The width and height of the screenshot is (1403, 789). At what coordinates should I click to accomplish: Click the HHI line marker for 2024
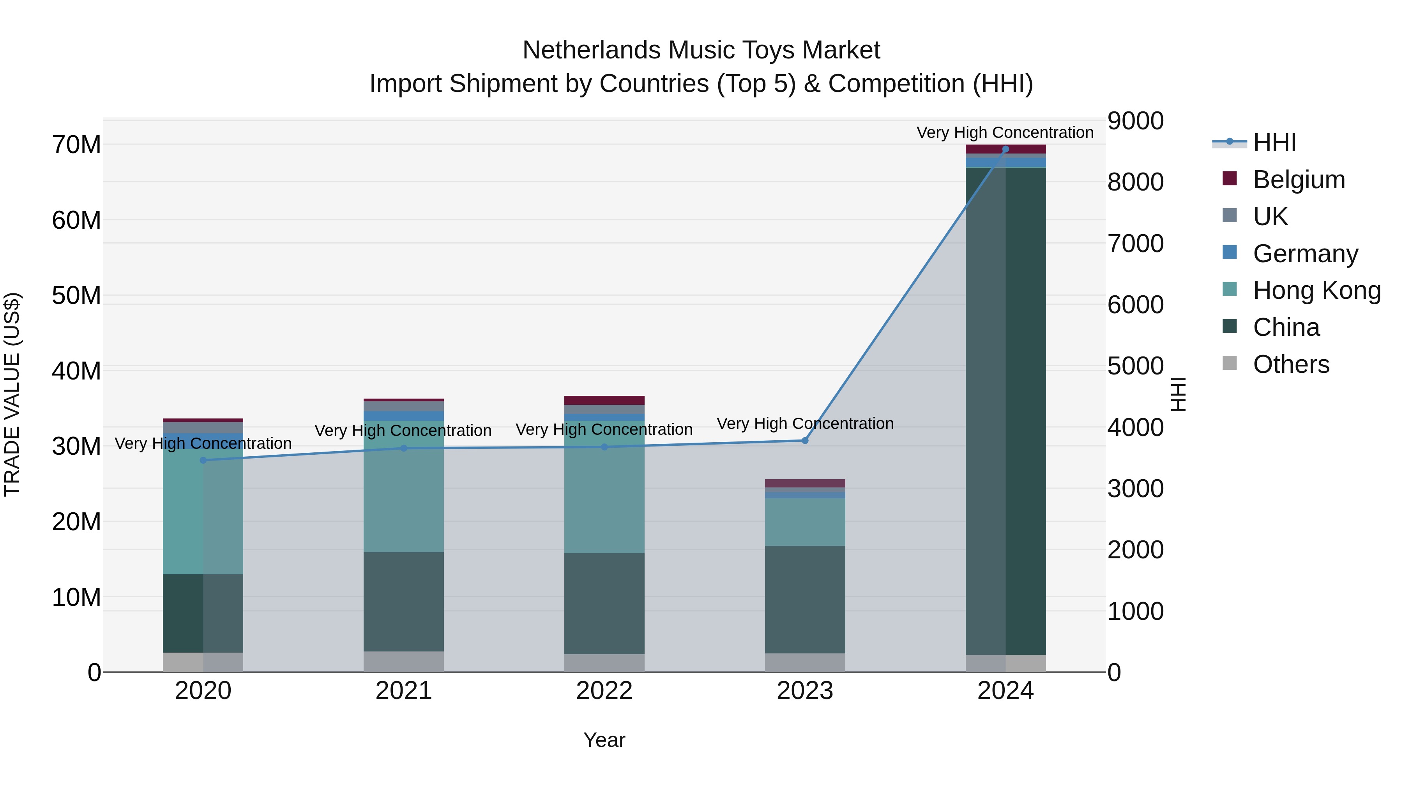tap(1005, 149)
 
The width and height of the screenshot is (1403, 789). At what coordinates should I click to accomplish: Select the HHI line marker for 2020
tap(203, 460)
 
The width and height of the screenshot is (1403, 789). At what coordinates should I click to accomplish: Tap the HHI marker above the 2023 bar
tap(805, 441)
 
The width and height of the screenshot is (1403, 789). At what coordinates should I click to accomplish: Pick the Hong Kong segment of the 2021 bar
tap(404, 486)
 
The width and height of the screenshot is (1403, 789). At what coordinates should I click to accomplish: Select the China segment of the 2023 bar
tap(805, 599)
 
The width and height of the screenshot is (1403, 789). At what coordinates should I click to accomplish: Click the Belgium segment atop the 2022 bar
tap(604, 400)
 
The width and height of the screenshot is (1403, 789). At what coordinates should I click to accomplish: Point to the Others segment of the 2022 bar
tap(604, 663)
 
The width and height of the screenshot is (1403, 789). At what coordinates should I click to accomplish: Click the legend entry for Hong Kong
tap(1316, 290)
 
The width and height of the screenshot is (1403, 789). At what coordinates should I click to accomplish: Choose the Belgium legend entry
tap(1299, 180)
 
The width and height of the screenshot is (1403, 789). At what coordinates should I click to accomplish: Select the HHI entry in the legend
tap(1274, 143)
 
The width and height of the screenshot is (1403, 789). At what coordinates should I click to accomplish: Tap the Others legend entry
tap(1291, 364)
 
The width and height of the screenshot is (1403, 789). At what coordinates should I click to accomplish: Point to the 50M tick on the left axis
tap(76, 296)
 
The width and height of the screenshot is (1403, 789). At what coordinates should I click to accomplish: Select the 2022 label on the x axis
tap(604, 691)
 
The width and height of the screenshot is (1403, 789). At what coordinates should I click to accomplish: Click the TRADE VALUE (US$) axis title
tap(12, 394)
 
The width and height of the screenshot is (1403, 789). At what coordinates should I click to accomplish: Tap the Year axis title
tap(604, 740)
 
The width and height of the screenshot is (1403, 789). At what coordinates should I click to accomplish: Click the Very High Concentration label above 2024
tap(1005, 132)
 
